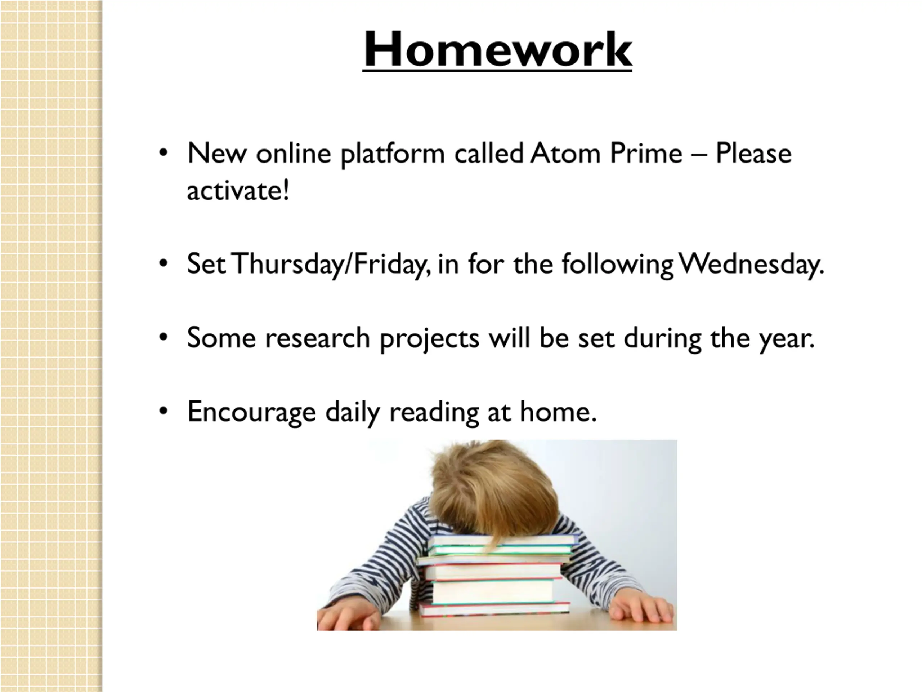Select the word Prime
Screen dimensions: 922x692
tap(646, 153)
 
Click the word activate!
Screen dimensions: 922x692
tap(238, 190)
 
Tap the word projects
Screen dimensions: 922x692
tap(430, 339)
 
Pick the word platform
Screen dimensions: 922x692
tap(393, 154)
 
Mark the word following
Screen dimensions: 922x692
tap(617, 265)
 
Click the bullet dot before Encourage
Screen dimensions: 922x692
tap(164, 411)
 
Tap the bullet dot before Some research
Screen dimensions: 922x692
tap(164, 337)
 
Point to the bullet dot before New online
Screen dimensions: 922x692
tap(164, 153)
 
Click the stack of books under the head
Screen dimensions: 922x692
tap(496, 576)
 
